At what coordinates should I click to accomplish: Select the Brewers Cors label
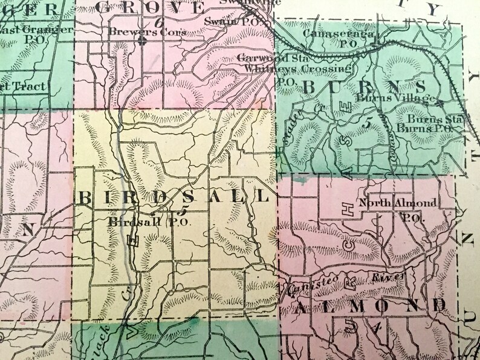click(x=148, y=31)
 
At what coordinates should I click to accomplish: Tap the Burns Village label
click(x=396, y=98)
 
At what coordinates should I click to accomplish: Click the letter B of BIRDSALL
click(x=85, y=198)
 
